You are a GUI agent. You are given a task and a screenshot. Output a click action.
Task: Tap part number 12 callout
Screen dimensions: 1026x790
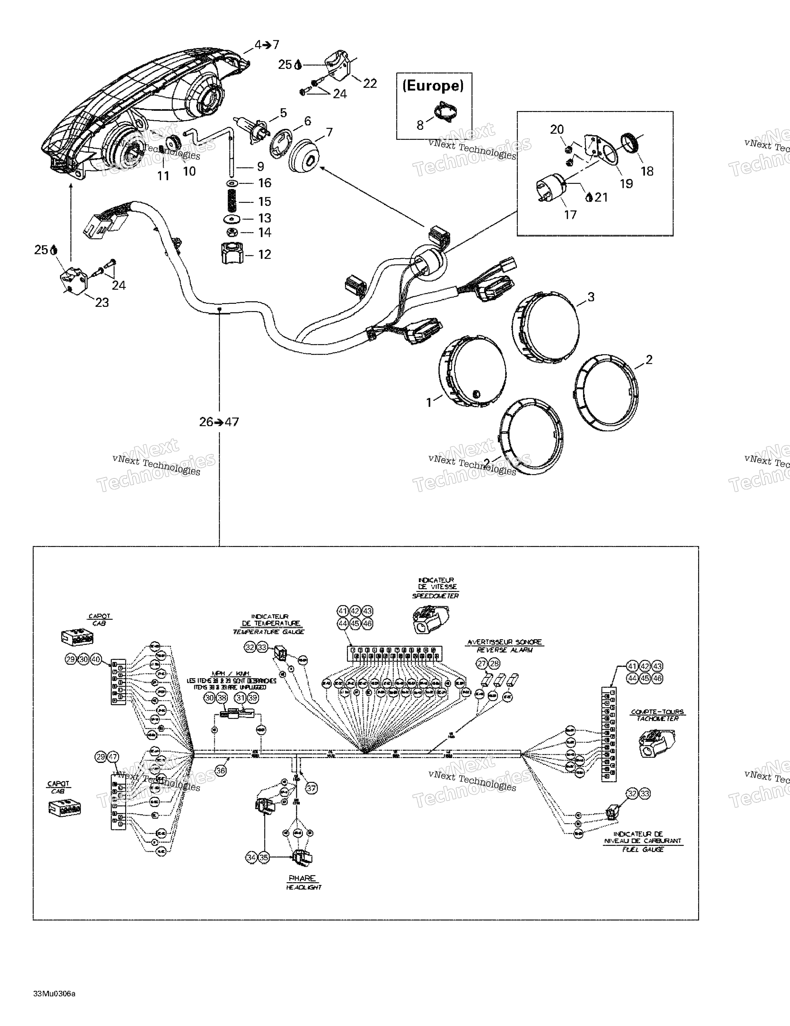(x=265, y=254)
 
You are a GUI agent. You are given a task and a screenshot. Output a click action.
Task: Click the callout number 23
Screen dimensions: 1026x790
(x=102, y=303)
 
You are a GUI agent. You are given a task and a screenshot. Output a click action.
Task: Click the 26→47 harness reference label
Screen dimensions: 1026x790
(x=219, y=422)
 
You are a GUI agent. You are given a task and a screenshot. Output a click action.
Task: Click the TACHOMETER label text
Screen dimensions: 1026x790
(x=657, y=719)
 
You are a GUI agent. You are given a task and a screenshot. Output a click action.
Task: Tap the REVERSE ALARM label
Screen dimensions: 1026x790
(x=505, y=650)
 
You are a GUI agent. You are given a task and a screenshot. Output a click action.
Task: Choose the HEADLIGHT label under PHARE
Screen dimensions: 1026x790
(x=303, y=887)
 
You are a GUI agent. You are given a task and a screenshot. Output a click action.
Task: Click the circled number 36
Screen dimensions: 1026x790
(x=220, y=771)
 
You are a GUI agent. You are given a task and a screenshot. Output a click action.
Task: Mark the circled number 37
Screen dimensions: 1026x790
(x=311, y=788)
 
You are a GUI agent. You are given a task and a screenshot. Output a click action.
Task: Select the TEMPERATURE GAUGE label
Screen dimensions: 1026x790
(x=269, y=632)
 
